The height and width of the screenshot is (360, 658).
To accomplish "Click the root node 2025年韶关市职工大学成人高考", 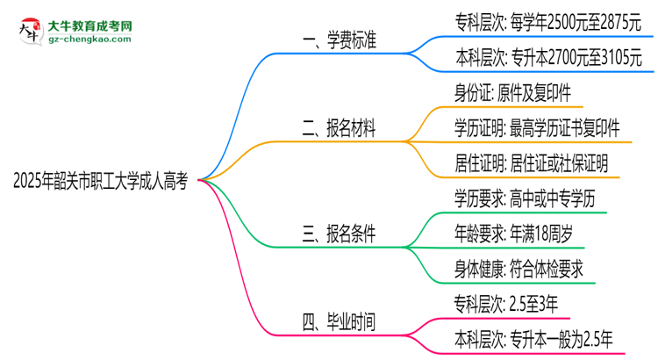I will tap(100, 180).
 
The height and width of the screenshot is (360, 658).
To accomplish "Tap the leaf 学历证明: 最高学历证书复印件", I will tap(542, 128).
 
